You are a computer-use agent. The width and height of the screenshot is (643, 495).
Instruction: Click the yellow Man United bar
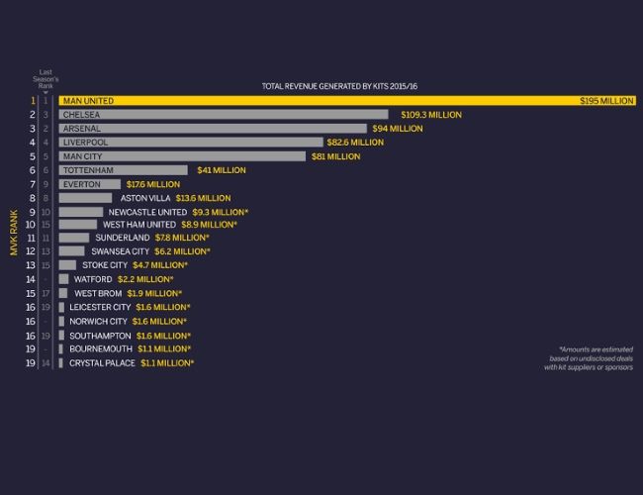[x=346, y=101]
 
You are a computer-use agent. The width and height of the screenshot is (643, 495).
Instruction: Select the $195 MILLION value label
[x=606, y=101]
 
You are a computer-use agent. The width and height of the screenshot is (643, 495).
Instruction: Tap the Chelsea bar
[x=224, y=115]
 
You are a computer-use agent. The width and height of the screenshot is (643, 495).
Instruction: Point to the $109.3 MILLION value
[x=431, y=115]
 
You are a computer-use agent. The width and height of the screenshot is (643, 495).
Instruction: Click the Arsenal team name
[x=81, y=129]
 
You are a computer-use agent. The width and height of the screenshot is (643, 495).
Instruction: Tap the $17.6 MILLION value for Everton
[x=153, y=184]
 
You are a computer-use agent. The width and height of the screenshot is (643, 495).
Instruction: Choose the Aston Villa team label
[x=147, y=198]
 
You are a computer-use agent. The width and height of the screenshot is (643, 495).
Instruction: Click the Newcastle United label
[x=147, y=212]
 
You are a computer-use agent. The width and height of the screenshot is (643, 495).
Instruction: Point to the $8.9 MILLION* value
[x=209, y=225]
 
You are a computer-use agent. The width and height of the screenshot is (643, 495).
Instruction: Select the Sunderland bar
[x=73, y=238]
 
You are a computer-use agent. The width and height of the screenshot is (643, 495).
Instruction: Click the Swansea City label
[x=120, y=251]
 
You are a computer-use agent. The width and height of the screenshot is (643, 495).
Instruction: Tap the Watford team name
[x=93, y=279]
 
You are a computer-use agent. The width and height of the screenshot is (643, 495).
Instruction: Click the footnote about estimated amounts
[x=588, y=358]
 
